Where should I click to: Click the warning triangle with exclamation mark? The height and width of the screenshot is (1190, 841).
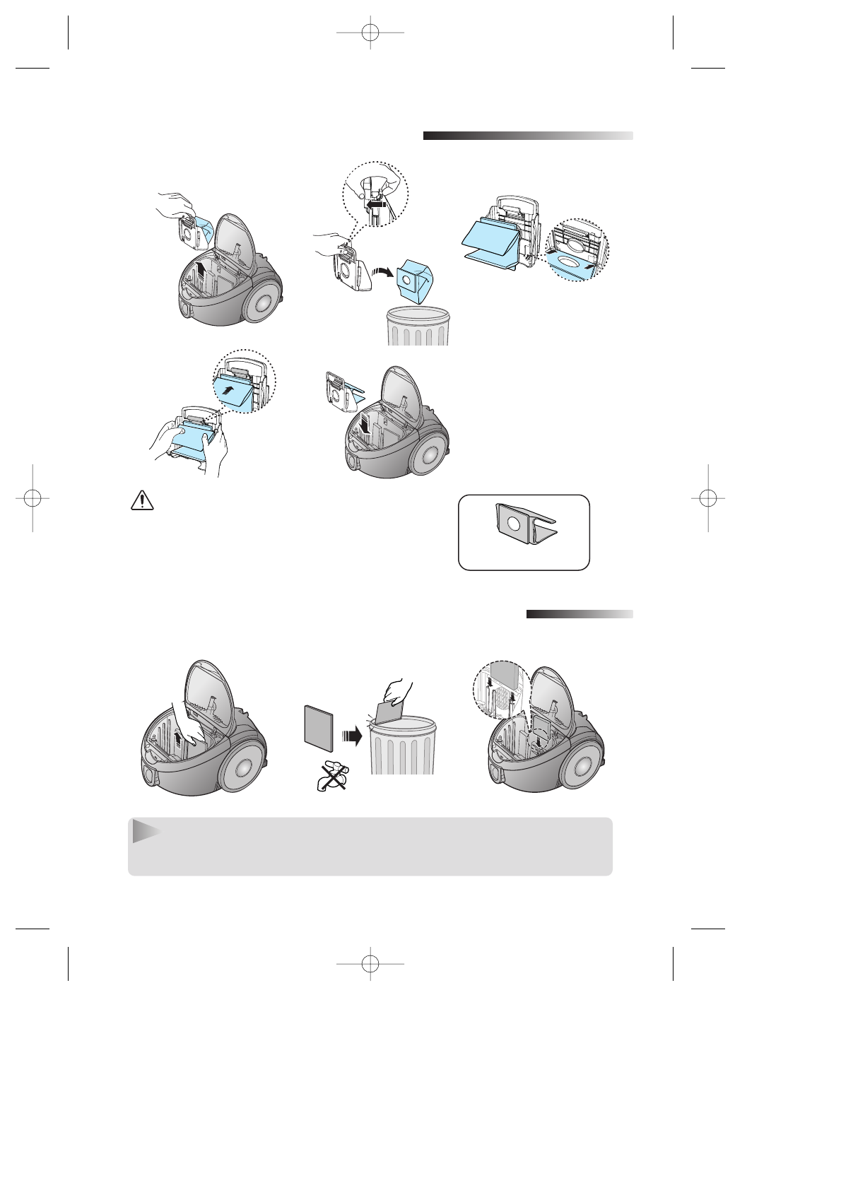point(143,502)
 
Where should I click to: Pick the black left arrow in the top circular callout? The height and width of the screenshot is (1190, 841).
point(375,204)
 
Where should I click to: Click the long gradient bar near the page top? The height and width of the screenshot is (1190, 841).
point(528,136)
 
